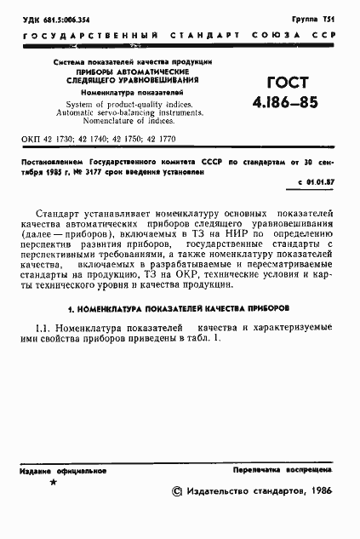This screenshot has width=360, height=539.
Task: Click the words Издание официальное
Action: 60,469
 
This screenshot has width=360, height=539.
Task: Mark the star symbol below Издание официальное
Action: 53,483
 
